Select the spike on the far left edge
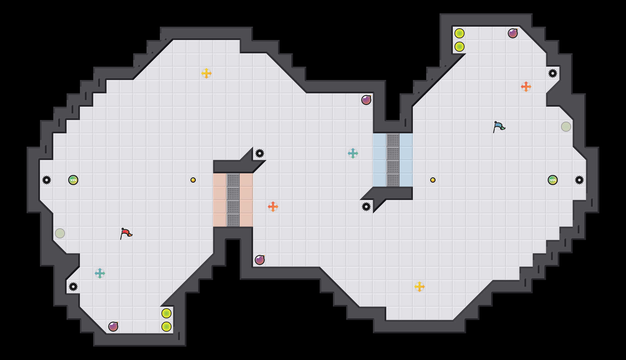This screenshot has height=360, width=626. [x=47, y=180]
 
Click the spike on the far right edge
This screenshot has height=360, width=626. [x=579, y=180]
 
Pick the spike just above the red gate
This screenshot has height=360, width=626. [x=260, y=153]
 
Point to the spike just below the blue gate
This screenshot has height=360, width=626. [x=366, y=207]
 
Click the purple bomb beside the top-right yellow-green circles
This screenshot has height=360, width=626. [x=513, y=33]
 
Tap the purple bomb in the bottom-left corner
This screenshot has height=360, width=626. [x=113, y=327]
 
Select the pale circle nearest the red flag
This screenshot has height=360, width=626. [x=60, y=233]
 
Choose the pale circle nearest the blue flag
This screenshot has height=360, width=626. [x=566, y=127]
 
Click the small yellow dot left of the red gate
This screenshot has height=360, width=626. [x=193, y=180]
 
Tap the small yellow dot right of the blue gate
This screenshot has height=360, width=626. [x=433, y=180]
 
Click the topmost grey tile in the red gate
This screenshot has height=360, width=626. [x=233, y=180]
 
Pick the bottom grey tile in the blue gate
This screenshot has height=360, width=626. [x=393, y=180]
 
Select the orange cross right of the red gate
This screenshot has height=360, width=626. [x=273, y=207]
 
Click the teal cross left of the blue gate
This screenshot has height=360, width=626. [x=353, y=153]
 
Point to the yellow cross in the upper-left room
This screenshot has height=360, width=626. [x=206, y=73]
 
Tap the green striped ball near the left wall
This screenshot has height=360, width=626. [x=73, y=180]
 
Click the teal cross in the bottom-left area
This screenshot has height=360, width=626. [x=100, y=273]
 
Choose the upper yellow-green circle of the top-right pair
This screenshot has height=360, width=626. [x=460, y=33]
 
